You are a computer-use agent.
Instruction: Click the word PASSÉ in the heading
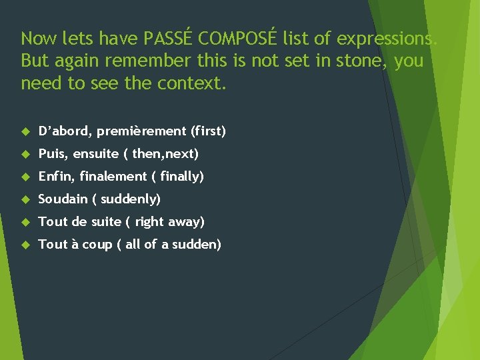click(x=170, y=39)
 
